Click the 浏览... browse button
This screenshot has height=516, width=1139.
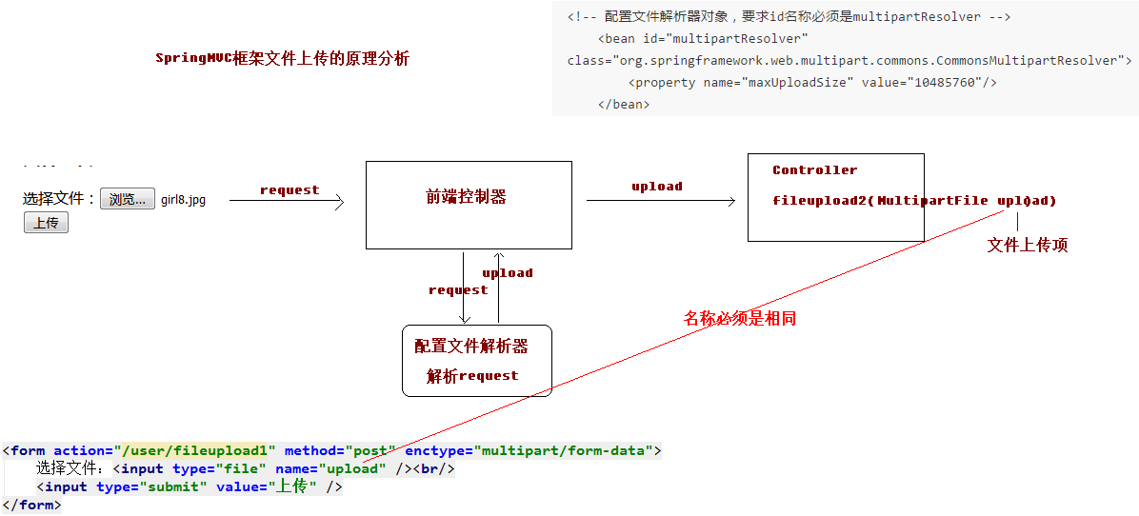point(127,199)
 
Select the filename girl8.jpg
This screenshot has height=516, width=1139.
point(183,200)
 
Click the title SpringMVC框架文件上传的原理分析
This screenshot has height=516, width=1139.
point(283,59)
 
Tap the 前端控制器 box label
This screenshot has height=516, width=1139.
point(466,197)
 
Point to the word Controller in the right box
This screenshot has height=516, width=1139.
point(815,169)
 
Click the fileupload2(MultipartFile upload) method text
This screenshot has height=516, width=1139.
point(914,201)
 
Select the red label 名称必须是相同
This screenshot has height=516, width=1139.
point(740,318)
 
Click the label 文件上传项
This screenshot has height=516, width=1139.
point(1028,246)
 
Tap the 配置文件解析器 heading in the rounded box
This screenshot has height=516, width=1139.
point(471,347)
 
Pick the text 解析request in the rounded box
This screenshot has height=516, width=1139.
point(473,376)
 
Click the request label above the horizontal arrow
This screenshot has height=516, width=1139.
point(290,190)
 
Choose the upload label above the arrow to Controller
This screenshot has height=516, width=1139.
point(657,187)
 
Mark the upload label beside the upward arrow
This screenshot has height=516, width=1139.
point(508,273)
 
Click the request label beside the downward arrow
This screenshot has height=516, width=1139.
point(458,290)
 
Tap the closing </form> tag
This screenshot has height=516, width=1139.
point(32,505)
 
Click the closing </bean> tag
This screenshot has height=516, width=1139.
point(623,104)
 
